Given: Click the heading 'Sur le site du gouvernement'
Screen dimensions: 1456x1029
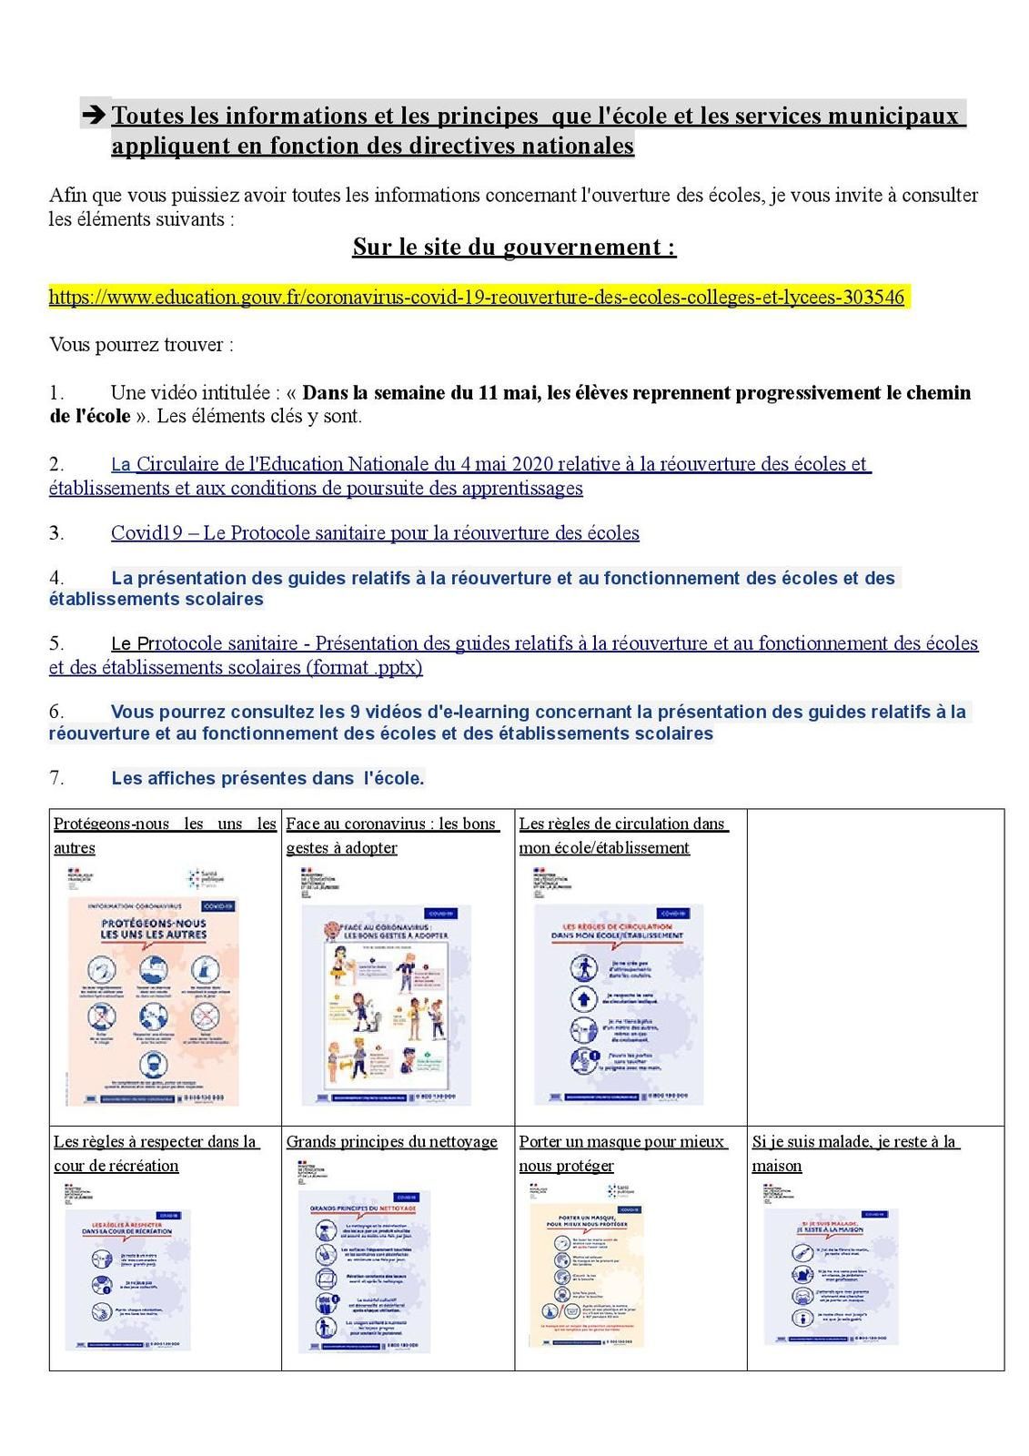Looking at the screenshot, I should pos(514,247).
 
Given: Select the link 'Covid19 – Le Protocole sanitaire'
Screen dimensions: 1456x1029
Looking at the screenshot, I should pos(375,533).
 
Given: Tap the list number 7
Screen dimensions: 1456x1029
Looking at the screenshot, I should pos(56,778).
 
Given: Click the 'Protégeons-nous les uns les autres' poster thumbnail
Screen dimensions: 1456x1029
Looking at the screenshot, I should pos(153,1001).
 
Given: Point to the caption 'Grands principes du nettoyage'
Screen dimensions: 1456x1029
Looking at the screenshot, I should pos(392,1142).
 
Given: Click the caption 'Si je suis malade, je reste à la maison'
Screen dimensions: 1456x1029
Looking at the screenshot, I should pos(855,1153).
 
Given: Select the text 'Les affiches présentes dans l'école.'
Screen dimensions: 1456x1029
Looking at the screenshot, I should pos(267,778).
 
